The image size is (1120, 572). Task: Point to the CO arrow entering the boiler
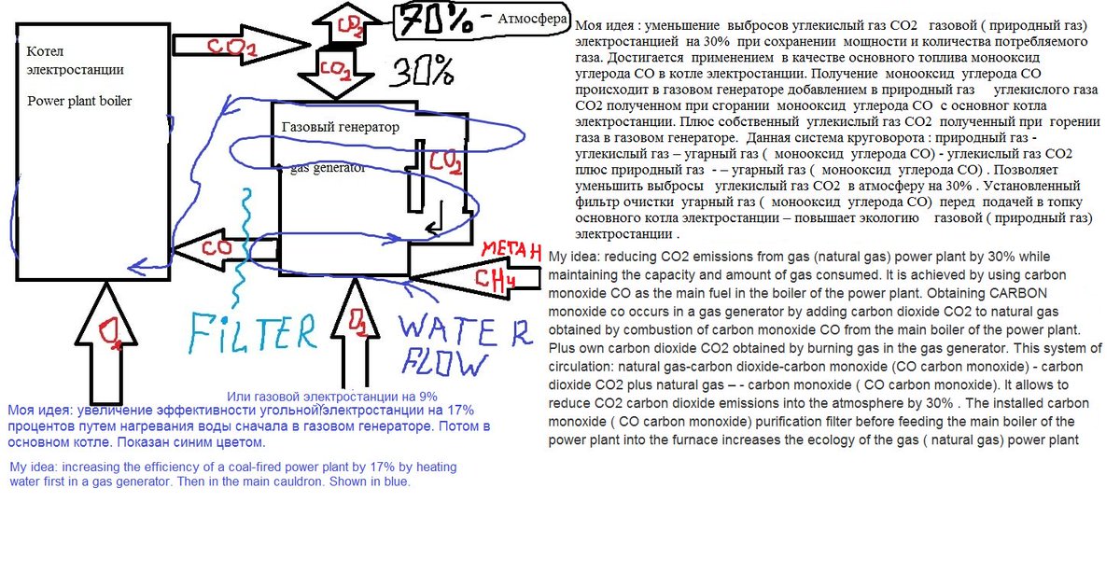click(222, 249)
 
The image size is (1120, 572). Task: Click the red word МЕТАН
click(508, 250)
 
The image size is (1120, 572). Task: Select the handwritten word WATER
click(463, 329)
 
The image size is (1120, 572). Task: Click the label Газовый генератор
click(340, 127)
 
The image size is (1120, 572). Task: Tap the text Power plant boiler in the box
click(79, 101)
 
